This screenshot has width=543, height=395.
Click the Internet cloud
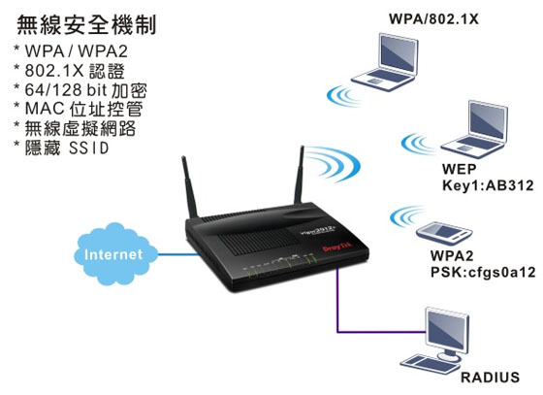(x=115, y=254)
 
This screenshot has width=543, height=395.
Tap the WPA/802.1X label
(x=433, y=18)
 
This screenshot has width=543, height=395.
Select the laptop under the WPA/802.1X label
(x=385, y=62)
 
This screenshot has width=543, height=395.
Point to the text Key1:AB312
(x=488, y=185)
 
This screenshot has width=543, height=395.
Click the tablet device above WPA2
(x=445, y=232)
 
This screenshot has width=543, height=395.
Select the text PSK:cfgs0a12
(x=483, y=272)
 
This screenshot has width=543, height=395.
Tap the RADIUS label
(x=490, y=377)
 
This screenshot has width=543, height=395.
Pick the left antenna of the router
(x=189, y=187)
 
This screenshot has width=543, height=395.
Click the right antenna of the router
(x=299, y=175)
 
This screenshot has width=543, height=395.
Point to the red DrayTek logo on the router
(x=336, y=247)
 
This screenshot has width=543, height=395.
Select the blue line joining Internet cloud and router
(x=178, y=254)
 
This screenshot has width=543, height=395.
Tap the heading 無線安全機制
(x=86, y=24)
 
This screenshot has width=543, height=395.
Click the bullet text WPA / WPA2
(x=77, y=51)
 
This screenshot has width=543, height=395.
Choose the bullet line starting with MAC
(x=83, y=109)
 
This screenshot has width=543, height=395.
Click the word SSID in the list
(x=88, y=148)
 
